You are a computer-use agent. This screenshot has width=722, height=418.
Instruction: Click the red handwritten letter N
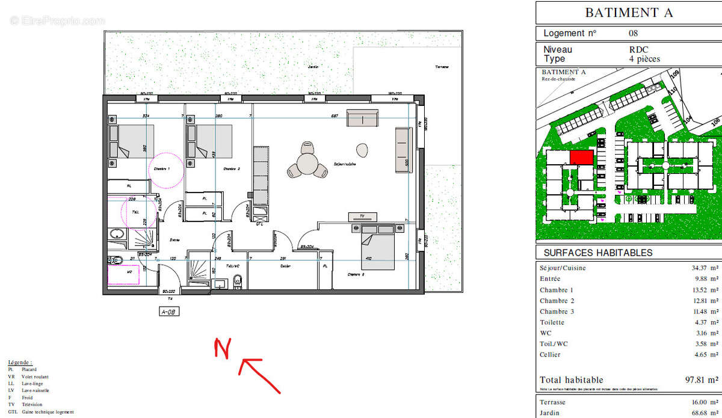[x=223, y=349]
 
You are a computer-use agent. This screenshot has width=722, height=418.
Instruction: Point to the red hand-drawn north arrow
[x=260, y=375]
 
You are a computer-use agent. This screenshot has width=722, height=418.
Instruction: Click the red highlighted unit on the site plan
[x=582, y=158]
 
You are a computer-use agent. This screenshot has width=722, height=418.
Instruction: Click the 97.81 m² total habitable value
[x=700, y=380]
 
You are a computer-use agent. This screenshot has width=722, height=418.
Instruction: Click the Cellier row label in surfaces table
[x=550, y=355]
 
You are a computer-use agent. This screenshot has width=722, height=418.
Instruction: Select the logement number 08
[x=633, y=34]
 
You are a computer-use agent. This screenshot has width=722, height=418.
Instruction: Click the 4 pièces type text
[x=644, y=59]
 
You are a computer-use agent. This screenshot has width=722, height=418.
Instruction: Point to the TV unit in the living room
[x=362, y=216]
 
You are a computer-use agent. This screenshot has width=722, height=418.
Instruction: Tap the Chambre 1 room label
[x=162, y=169]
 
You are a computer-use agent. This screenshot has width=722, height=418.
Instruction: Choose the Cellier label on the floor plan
[x=285, y=266]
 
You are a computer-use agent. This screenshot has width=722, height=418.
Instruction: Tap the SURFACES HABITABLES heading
[x=598, y=253]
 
